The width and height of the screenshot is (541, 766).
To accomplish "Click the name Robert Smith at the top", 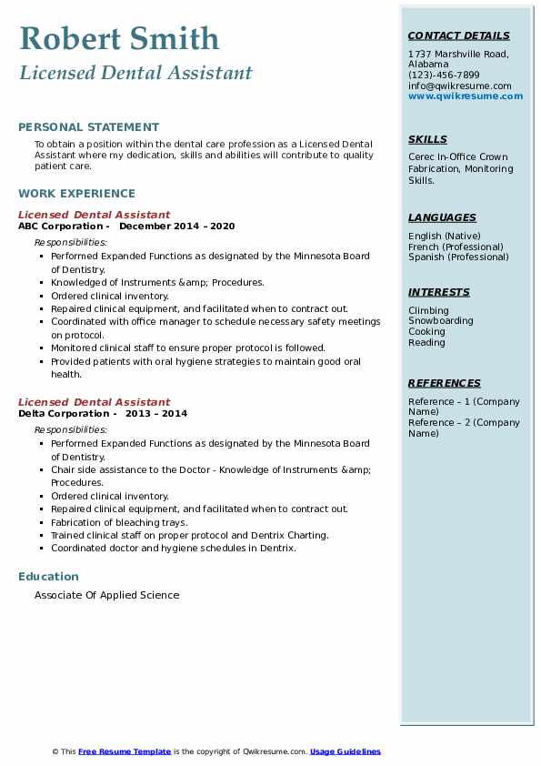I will (119, 39).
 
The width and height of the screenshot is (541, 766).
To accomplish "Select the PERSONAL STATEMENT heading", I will (88, 127).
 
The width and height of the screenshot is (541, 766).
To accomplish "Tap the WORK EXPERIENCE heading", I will (76, 194).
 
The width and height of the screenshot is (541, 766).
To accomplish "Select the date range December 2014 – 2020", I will (176, 226).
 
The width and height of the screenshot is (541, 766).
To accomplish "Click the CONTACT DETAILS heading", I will (458, 36).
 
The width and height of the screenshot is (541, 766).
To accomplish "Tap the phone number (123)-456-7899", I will (444, 76).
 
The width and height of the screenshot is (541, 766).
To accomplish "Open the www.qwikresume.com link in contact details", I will (466, 96).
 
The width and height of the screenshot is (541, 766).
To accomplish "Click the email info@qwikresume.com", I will (459, 86).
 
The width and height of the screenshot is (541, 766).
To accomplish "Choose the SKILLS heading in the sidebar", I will (427, 140).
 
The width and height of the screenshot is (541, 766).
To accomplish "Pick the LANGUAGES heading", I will (442, 218).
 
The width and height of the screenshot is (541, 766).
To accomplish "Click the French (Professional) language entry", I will (456, 247).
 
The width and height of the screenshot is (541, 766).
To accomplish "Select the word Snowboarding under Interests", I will (440, 321).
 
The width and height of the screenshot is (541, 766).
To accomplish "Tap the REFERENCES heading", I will (444, 384).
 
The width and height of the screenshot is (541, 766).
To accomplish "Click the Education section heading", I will (48, 577).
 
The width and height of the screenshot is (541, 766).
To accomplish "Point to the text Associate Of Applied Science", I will (106, 595).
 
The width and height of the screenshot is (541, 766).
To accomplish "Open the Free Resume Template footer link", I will (125, 751).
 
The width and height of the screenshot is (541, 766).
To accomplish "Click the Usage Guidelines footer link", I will (345, 751).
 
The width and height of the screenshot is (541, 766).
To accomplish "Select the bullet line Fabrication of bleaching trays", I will (119, 522).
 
